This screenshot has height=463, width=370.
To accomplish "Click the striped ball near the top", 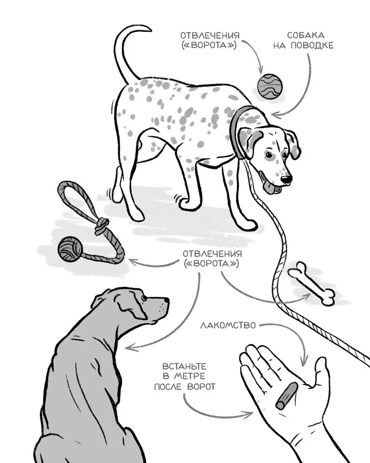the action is (x=270, y=86).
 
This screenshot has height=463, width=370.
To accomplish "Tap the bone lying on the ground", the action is (x=312, y=283).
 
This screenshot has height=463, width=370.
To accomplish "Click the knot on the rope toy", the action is (x=101, y=225).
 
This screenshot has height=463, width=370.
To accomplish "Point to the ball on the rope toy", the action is (x=70, y=249).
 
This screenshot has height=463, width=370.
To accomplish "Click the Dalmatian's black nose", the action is (x=286, y=179).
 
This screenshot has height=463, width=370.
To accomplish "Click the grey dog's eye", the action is (x=144, y=298).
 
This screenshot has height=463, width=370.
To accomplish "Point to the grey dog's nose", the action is (x=167, y=300).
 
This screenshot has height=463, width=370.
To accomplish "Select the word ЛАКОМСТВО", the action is (x=228, y=325).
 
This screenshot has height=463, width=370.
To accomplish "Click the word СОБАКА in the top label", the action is (x=305, y=36).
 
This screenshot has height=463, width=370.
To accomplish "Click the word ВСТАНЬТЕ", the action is (x=185, y=366).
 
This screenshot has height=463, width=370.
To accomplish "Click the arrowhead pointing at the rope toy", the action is (x=132, y=261).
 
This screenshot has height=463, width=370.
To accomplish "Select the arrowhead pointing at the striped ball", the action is (x=260, y=70).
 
